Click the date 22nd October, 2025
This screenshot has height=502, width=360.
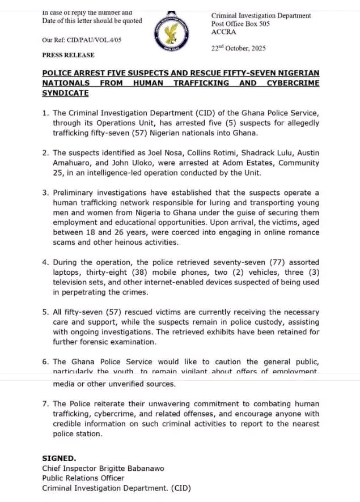(x=238, y=48)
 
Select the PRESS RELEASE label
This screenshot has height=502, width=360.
(x=68, y=55)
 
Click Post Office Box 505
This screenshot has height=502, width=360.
(x=240, y=24)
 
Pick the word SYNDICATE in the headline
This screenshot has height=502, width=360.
(x=65, y=93)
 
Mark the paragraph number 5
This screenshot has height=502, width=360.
(x=45, y=312)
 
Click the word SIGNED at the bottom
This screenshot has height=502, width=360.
(x=59, y=458)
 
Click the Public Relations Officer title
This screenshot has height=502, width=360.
(x=83, y=478)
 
